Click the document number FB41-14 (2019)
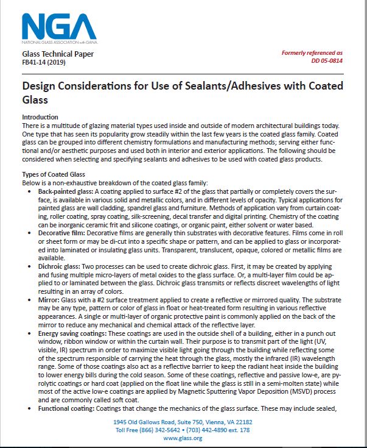(x=46, y=62)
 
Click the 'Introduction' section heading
(x=57, y=117)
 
